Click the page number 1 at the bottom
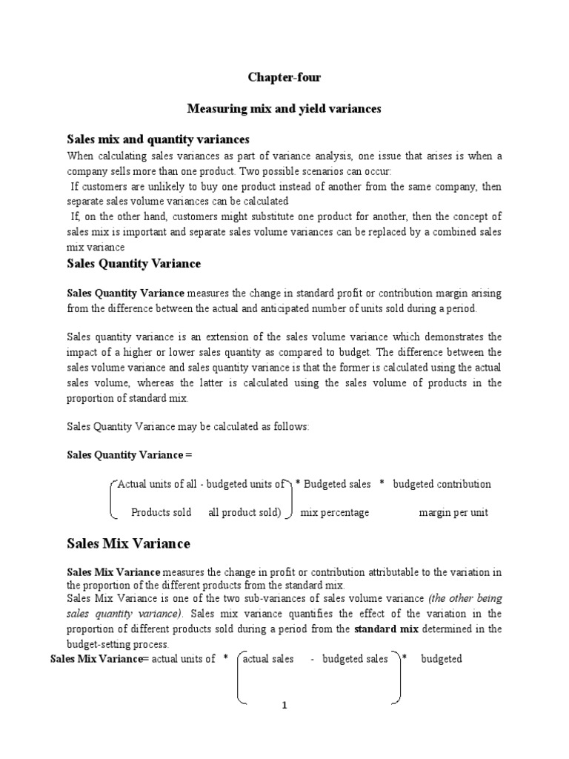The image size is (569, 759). [283, 706]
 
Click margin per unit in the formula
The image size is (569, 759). [453, 512]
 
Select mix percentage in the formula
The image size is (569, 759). [334, 512]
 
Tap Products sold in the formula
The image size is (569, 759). [161, 512]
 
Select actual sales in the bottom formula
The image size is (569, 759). [268, 658]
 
